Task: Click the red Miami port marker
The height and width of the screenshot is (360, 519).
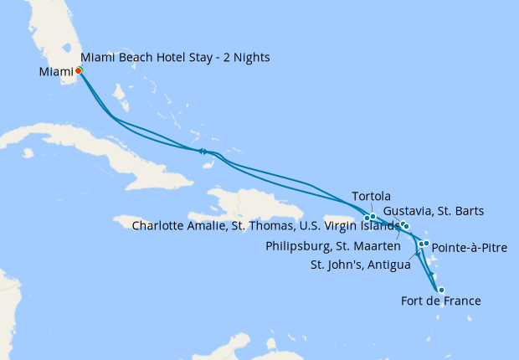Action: tap(78, 71)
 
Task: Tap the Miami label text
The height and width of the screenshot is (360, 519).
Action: tap(56, 72)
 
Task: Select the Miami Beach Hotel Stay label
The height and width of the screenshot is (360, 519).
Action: tap(175, 57)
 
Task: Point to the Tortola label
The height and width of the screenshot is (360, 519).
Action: tap(372, 196)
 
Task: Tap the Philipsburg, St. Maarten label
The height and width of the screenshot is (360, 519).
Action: tap(332, 246)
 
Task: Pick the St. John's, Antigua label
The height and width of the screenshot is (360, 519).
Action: tap(360, 265)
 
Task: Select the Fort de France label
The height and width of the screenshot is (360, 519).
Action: tap(441, 301)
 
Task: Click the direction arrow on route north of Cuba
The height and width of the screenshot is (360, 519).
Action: tap(203, 152)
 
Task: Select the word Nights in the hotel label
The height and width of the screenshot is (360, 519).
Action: tap(253, 57)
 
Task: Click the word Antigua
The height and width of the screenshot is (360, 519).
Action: tap(386, 265)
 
